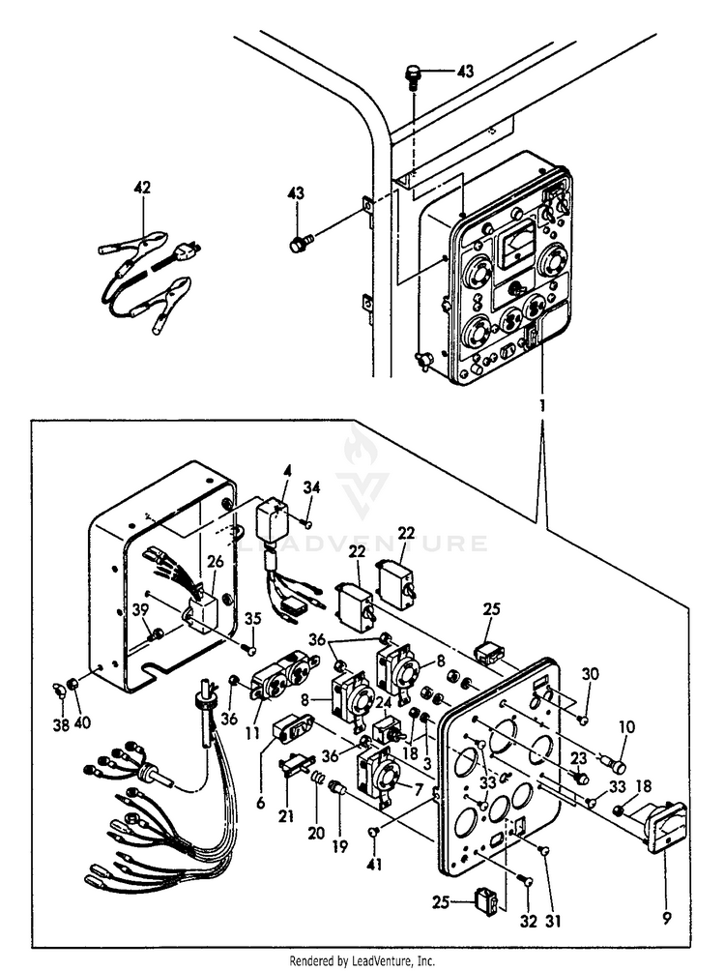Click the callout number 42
142,189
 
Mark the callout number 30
591,674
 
